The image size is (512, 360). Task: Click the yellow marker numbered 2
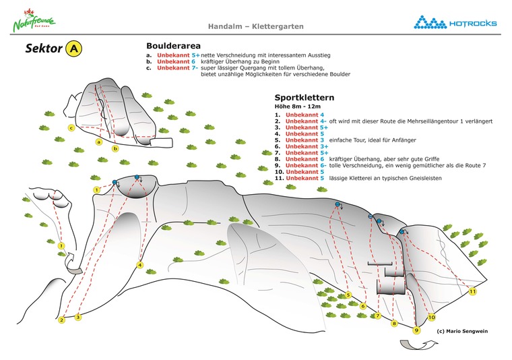(x=61, y=320)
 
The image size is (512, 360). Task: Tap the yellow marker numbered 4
(x=139, y=265)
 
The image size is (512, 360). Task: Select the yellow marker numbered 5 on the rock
(x=348, y=295)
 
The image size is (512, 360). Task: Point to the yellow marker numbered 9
(x=417, y=330)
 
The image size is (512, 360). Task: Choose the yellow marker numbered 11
(x=472, y=292)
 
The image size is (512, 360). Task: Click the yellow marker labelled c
(x=71, y=127)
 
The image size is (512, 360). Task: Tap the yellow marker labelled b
(x=115, y=148)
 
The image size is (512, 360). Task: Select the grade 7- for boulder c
(x=195, y=67)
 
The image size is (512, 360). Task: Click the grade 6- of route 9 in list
(x=323, y=165)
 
